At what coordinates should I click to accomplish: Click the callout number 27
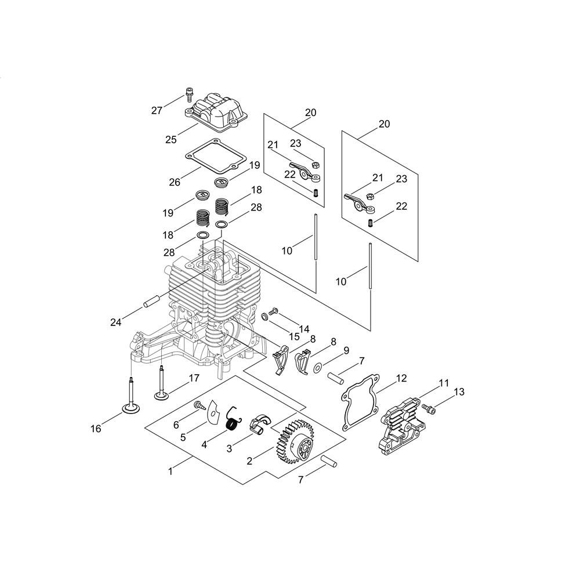pos(157,110)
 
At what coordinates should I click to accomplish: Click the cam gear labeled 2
pos(293,440)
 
